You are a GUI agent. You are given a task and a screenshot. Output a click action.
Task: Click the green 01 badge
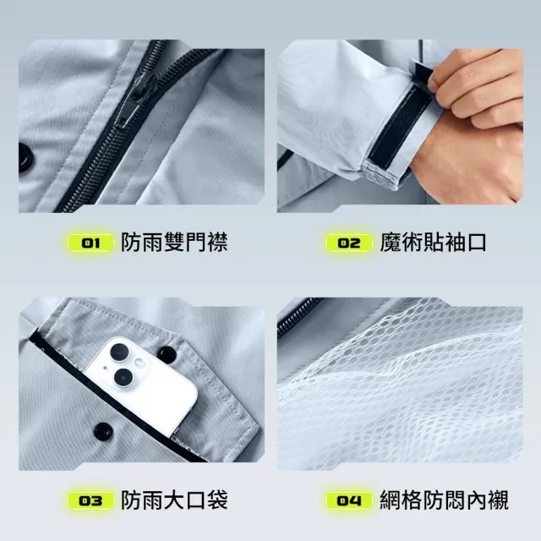[x=90, y=243]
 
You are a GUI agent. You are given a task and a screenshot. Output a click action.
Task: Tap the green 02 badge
[x=349, y=243]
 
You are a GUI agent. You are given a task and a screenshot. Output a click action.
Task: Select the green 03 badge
[x=90, y=500]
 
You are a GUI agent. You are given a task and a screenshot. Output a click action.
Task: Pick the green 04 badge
[x=349, y=500]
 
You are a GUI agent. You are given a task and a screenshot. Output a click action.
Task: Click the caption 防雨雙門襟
[x=174, y=243]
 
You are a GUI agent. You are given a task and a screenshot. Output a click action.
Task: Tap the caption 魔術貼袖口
[x=433, y=243]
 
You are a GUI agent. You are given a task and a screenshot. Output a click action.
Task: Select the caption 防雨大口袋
[x=174, y=500]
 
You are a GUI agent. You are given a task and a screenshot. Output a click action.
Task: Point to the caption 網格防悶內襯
[x=445, y=500]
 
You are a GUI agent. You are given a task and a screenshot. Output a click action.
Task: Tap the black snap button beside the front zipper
[x=25, y=158]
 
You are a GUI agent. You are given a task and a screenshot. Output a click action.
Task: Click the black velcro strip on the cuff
[x=397, y=127]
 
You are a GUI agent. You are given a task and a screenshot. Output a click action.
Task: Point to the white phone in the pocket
[x=141, y=384]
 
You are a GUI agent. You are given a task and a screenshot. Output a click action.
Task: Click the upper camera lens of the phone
[x=119, y=352]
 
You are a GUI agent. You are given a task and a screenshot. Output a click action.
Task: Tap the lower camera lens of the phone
[x=123, y=378]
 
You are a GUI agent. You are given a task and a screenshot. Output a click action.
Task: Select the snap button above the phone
[x=167, y=352]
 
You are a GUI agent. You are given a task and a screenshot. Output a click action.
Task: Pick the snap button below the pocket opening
[x=102, y=430]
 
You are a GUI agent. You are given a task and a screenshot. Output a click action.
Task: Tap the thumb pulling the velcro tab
[x=445, y=77]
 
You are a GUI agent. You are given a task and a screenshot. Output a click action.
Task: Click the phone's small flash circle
[x=139, y=363]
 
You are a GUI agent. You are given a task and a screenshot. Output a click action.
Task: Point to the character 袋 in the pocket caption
[x=217, y=500]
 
